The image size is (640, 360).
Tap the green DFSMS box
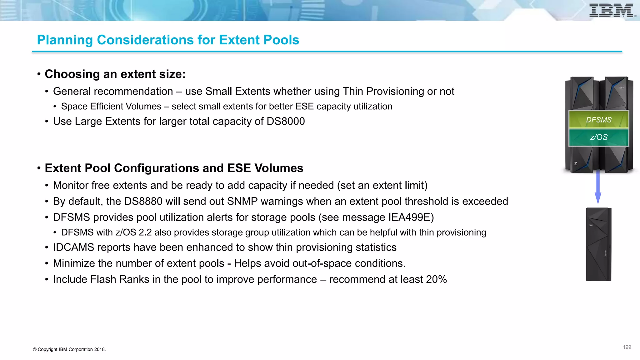coord(598,120)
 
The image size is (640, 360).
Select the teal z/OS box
coord(598,137)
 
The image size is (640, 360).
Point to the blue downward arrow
coord(598,187)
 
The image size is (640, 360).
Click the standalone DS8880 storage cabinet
coord(598,244)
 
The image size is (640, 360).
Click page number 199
coord(627,347)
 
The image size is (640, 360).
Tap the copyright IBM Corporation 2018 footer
coord(69,349)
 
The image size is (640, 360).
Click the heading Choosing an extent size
coord(115,74)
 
